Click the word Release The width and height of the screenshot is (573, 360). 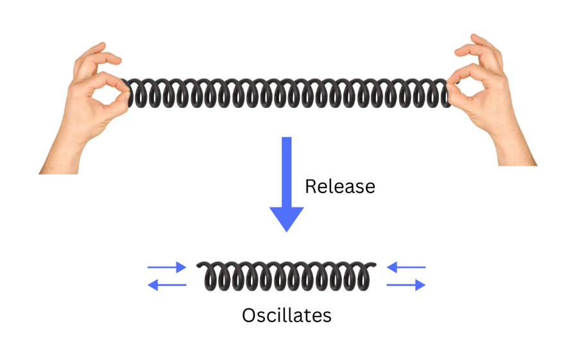[x=339, y=187]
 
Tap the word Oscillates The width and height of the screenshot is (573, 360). [x=286, y=316]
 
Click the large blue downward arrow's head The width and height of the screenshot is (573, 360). [x=286, y=218]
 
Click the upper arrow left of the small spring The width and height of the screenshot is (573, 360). [x=167, y=266]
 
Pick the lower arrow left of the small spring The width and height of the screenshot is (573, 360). [x=167, y=285]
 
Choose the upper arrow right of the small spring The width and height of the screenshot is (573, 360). [x=406, y=266]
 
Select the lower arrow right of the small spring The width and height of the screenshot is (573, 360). [x=406, y=285]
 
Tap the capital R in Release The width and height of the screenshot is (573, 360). [x=311, y=187]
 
